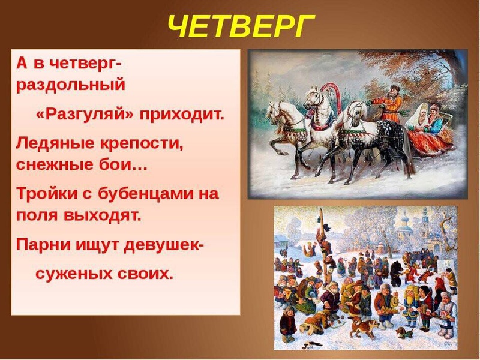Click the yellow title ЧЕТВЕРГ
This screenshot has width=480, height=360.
click(240, 25)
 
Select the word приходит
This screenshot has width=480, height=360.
click(181, 115)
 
